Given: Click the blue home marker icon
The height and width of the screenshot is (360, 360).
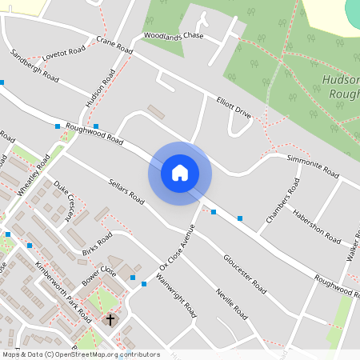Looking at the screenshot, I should tap(180, 173).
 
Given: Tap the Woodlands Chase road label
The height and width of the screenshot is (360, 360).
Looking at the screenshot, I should tap(174, 36).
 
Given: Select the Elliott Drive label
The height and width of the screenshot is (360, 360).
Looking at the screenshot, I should tap(234, 108).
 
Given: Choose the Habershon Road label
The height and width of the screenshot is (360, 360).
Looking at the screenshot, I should tap(317, 224).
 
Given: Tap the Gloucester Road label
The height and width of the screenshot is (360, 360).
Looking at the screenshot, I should tap(245, 272).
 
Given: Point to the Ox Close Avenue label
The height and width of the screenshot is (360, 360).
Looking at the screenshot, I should tap(178, 246).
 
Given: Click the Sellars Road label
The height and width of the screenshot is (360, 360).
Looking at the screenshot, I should tap(125, 191).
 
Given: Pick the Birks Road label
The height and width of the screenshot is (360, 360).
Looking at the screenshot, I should tap(97, 247).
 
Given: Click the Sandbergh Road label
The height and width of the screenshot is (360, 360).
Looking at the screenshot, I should tap(34, 66).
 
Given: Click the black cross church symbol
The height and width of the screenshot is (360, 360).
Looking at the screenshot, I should tap(110, 319).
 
